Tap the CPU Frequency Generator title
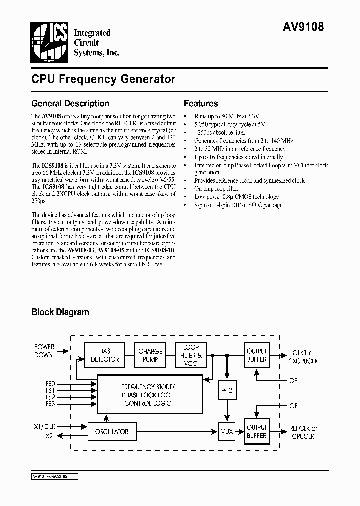(x=103, y=79)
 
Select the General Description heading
(x=70, y=104)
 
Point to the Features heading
(x=201, y=104)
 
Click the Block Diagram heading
(x=60, y=312)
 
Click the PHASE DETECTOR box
(x=105, y=355)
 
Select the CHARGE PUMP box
(x=150, y=355)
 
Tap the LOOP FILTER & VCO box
(x=191, y=355)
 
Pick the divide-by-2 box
(x=227, y=390)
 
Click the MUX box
(x=227, y=431)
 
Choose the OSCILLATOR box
(x=112, y=431)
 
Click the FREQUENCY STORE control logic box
(x=148, y=395)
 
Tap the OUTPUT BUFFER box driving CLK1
(x=257, y=355)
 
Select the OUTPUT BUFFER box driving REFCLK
(x=257, y=431)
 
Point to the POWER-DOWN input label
(x=45, y=351)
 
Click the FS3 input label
(x=50, y=403)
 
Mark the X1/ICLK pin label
(x=45, y=426)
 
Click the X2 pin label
(x=50, y=436)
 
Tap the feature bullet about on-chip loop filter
(x=217, y=189)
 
